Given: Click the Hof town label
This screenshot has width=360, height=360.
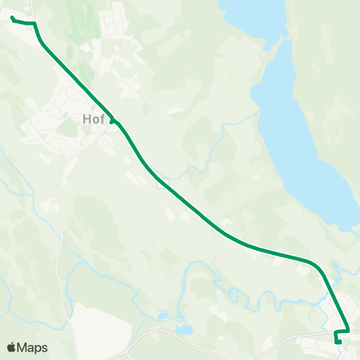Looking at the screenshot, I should tap(94, 118).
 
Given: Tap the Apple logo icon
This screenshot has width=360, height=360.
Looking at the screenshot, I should tap(11, 347).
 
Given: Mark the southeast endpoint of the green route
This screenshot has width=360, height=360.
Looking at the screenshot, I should tap(339, 343).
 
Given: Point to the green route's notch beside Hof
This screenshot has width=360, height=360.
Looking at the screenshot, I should tap(112, 120).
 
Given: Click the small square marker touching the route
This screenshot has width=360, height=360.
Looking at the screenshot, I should tap(160, 184).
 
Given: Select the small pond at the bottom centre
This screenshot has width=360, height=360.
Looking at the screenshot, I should tap(182, 328).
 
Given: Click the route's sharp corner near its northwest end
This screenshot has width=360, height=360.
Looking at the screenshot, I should tap(34, 24).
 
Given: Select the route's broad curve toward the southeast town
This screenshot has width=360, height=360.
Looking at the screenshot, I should tap(311, 262).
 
